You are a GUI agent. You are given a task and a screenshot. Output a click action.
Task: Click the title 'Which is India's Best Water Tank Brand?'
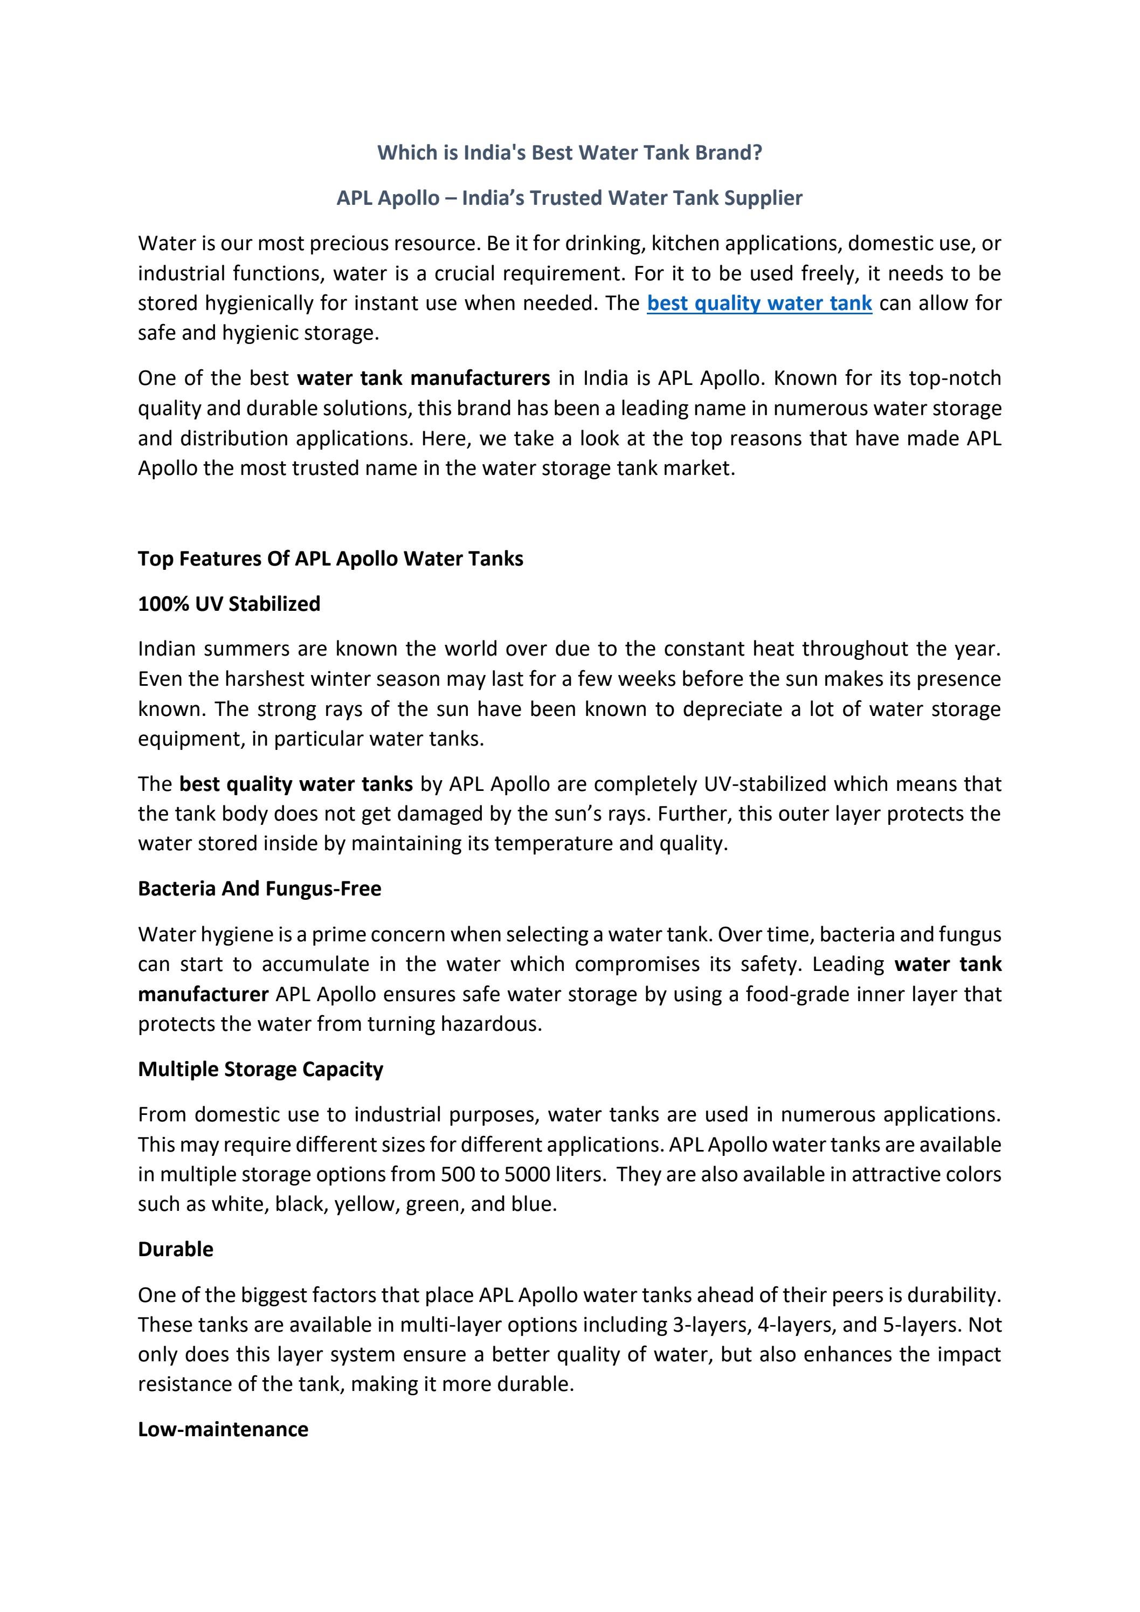[569, 153]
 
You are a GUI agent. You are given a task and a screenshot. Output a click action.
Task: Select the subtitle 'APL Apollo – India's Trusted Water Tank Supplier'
[569, 198]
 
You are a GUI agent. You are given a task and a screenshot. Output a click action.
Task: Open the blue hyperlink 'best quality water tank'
[759, 304]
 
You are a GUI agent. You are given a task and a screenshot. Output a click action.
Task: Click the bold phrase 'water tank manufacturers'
[423, 378]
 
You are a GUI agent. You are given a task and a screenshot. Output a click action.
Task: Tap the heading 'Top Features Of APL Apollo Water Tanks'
[330, 559]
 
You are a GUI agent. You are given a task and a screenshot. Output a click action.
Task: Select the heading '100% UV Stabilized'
[229, 604]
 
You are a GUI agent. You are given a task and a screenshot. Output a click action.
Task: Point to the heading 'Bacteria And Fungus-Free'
[260, 889]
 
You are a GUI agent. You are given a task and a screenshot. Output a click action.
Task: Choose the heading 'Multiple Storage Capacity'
[260, 1069]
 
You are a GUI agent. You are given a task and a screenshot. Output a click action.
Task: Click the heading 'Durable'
[176, 1249]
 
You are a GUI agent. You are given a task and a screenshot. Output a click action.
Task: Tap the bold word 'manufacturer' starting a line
[203, 995]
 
